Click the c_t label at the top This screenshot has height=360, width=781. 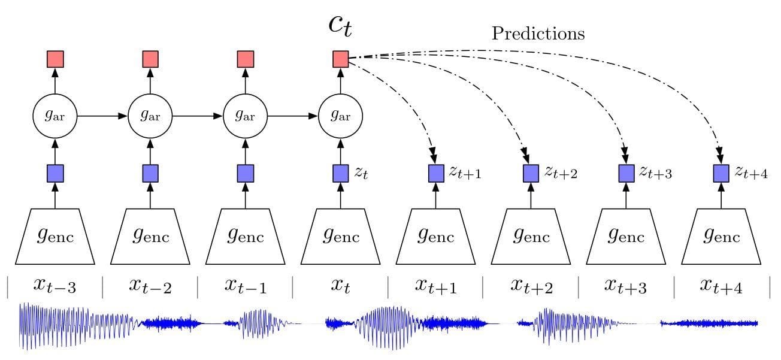340,26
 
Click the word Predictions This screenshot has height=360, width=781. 538,34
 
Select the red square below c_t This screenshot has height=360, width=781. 341,59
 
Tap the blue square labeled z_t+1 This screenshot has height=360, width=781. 436,173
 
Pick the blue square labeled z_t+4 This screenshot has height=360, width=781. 721,173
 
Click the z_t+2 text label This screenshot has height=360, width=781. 561,173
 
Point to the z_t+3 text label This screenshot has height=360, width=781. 656,173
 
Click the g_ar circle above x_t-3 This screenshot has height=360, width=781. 55,116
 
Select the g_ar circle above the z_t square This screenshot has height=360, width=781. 341,116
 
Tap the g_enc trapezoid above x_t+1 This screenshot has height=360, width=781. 436,237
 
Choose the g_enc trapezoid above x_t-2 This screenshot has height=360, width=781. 150,237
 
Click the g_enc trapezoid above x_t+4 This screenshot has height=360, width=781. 721,237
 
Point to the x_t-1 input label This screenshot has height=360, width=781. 246,286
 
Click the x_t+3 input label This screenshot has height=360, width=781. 626,286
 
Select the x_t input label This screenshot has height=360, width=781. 341,286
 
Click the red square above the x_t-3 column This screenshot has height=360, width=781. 55,59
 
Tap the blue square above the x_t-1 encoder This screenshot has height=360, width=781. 246,173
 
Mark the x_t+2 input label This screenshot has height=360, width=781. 531,286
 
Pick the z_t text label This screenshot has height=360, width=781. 361,173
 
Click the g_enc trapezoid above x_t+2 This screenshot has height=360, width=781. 531,237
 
